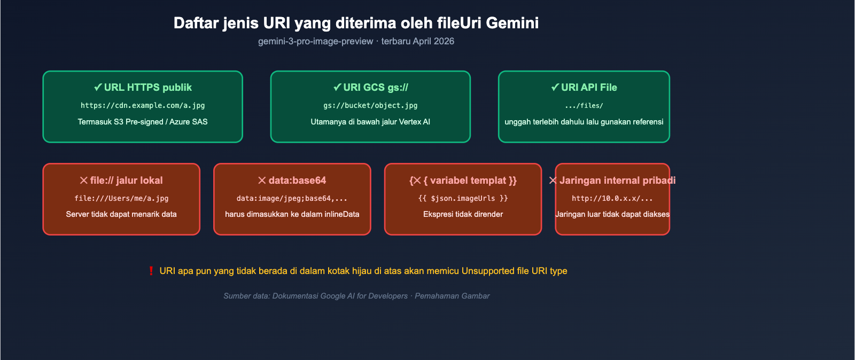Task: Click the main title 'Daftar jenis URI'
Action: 356,23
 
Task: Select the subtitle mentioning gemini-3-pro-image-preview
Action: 356,41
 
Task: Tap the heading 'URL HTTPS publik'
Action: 143,87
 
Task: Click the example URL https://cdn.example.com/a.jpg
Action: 143,105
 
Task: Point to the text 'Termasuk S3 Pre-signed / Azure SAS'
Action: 143,122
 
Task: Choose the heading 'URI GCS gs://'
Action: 370,87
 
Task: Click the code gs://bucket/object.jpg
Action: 370,105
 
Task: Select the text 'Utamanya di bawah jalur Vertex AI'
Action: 370,122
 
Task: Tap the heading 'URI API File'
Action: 584,87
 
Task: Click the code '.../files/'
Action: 584,106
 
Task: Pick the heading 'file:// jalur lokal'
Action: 121,181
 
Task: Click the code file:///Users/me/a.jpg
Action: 121,198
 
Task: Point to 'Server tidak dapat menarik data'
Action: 121,214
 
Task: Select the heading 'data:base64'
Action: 292,181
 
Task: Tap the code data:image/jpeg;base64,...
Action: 292,198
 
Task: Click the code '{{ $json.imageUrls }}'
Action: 463,198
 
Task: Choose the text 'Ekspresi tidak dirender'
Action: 463,214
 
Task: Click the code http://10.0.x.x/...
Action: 612,198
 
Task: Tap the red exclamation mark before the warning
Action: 151,271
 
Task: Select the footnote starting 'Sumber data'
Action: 356,296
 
